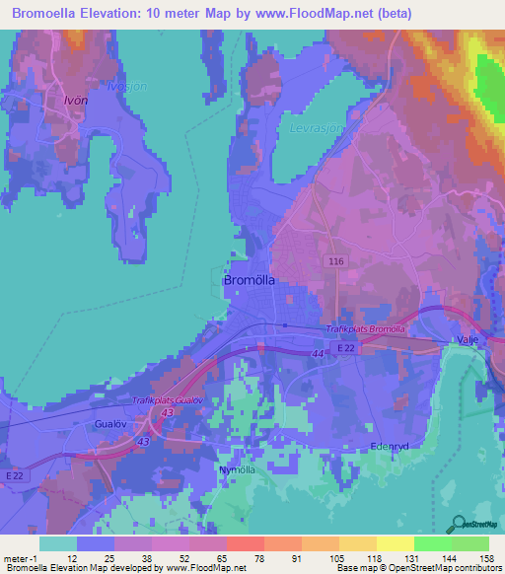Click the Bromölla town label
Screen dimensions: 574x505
pyautogui.click(x=250, y=279)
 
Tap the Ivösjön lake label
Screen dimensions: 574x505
pyautogui.click(x=126, y=86)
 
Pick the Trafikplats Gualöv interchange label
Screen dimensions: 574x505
pyautogui.click(x=168, y=399)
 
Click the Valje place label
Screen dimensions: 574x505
pyautogui.click(x=467, y=340)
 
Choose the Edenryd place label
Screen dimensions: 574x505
pyautogui.click(x=389, y=445)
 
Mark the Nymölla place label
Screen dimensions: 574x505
pyautogui.click(x=237, y=469)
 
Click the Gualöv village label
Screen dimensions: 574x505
pyautogui.click(x=112, y=422)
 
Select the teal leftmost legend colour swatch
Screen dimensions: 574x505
pyautogui.click(x=57, y=542)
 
